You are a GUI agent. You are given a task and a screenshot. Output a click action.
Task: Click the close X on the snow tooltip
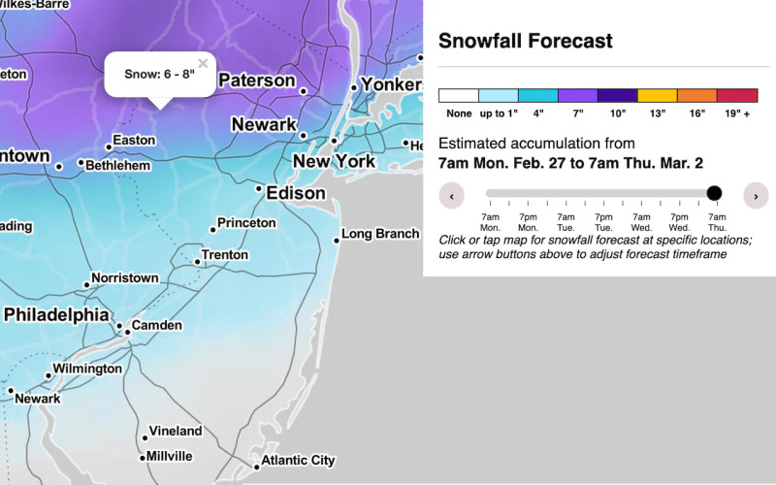coord(203,64)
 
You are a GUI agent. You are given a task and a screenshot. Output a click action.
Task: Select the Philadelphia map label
coord(56,315)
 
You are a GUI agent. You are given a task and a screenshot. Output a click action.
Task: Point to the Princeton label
coord(246,223)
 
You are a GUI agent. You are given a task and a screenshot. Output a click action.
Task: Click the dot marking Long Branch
coord(337,240)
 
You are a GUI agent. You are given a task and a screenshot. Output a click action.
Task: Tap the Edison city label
coord(297,193)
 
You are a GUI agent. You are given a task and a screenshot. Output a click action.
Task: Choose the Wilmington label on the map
coord(87,369)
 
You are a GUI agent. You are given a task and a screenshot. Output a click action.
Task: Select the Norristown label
coord(124,278)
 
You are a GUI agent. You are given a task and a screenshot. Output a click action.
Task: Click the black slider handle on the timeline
coord(715,194)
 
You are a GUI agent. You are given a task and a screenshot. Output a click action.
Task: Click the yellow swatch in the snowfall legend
coord(658,96)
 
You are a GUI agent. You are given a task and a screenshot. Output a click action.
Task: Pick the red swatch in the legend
coord(737,96)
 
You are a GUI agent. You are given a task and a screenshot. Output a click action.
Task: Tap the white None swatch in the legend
coord(459,96)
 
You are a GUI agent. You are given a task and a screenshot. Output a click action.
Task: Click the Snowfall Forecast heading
coord(526,41)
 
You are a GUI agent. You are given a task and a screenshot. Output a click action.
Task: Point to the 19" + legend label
coord(737,113)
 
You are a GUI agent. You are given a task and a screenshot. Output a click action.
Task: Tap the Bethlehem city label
coord(118,166)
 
